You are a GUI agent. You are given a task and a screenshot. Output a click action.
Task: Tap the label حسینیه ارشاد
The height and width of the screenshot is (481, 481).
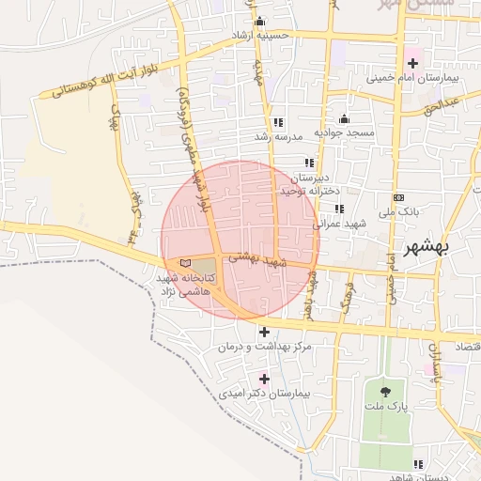pyautogui.click(x=266, y=36)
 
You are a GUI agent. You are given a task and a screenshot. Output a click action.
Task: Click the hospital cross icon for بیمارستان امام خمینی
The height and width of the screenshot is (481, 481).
pyautogui.click(x=411, y=62)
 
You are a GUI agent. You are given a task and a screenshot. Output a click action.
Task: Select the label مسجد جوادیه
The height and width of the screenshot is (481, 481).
pyautogui.click(x=345, y=132)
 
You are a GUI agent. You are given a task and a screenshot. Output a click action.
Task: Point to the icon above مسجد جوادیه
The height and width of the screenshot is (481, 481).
pyautogui.click(x=345, y=119)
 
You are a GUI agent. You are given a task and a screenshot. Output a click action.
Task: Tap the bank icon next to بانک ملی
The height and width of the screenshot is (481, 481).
pyautogui.click(x=399, y=198)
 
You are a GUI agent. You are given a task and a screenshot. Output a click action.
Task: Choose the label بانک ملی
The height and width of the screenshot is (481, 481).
pyautogui.click(x=398, y=212)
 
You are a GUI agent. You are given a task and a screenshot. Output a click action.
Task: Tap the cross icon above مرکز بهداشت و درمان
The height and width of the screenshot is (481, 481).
pyautogui.click(x=264, y=332)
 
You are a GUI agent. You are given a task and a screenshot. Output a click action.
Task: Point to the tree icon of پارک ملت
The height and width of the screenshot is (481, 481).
pyautogui.click(x=385, y=392)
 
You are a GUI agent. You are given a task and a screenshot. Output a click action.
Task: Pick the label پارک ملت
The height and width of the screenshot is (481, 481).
pyautogui.click(x=385, y=408)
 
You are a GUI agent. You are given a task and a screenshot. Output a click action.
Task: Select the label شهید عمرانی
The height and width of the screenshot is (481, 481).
pyautogui.click(x=337, y=224)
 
